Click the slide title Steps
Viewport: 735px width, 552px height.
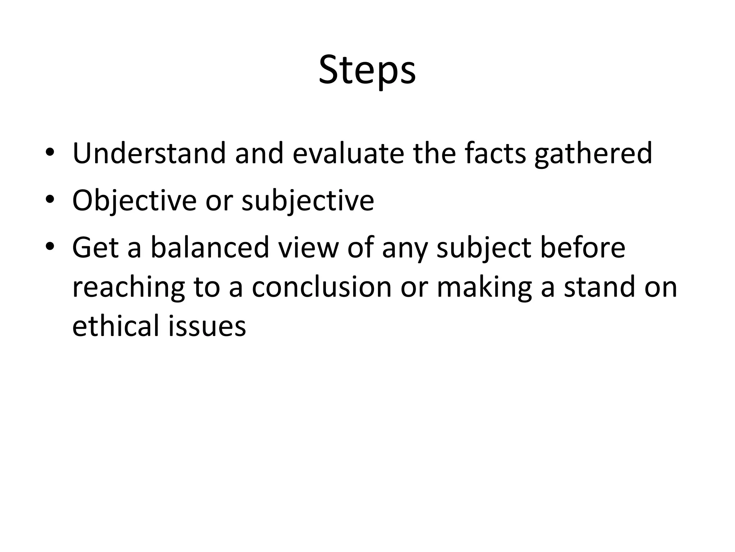[x=367, y=70]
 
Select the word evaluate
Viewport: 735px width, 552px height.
[x=348, y=153]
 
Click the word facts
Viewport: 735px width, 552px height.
[x=495, y=153]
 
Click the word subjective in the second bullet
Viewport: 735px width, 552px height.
[x=308, y=201]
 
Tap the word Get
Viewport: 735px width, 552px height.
[x=95, y=248]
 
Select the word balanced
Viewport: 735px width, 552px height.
[x=210, y=248]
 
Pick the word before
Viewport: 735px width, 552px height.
[x=582, y=248]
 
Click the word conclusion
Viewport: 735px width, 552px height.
[x=322, y=287]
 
